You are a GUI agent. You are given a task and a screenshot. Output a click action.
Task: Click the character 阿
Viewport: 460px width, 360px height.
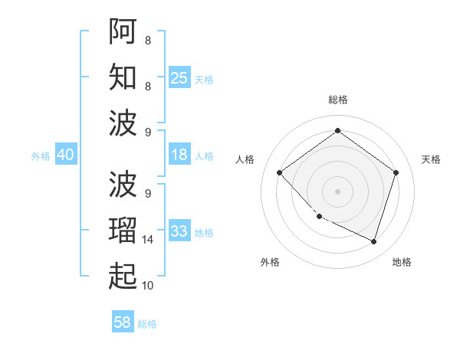(x=123, y=31)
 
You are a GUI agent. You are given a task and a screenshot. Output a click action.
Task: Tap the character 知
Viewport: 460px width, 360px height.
(x=123, y=77)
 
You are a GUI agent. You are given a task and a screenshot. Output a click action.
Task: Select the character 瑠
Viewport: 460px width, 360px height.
(x=123, y=230)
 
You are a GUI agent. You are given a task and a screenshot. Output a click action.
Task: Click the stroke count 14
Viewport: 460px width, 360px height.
(x=148, y=240)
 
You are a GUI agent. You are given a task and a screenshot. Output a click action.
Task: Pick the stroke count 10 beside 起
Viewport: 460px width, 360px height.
(x=148, y=286)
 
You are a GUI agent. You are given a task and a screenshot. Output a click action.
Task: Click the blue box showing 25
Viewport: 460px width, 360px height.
(x=179, y=77)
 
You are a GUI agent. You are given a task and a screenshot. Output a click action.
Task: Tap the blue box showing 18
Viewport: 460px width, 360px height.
(x=179, y=155)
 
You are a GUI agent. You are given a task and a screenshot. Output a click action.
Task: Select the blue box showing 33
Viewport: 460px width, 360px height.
(x=179, y=231)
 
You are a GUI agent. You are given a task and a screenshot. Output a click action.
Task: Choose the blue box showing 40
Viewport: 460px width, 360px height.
(x=65, y=155)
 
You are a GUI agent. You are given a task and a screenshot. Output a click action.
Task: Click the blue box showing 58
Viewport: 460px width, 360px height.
(x=123, y=322)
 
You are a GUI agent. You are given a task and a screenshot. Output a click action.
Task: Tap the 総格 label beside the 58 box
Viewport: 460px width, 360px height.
(x=147, y=324)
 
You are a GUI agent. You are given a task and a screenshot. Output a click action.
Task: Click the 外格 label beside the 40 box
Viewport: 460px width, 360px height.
(x=41, y=156)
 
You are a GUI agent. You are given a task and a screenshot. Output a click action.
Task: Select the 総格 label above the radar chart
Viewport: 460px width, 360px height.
(x=337, y=100)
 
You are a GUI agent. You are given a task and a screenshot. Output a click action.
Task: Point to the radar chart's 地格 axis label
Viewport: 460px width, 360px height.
(x=402, y=262)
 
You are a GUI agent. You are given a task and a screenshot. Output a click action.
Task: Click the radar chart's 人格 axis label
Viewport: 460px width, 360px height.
(x=246, y=159)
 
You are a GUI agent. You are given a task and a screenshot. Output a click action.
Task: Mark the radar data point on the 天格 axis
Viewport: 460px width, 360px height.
(x=396, y=172)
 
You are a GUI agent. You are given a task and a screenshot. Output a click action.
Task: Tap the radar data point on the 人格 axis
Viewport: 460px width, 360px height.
(x=280, y=172)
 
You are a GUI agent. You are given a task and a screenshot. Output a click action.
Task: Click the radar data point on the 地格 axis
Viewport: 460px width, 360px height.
(x=373, y=241)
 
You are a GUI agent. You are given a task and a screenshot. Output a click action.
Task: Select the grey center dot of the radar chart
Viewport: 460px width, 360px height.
(x=337, y=191)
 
